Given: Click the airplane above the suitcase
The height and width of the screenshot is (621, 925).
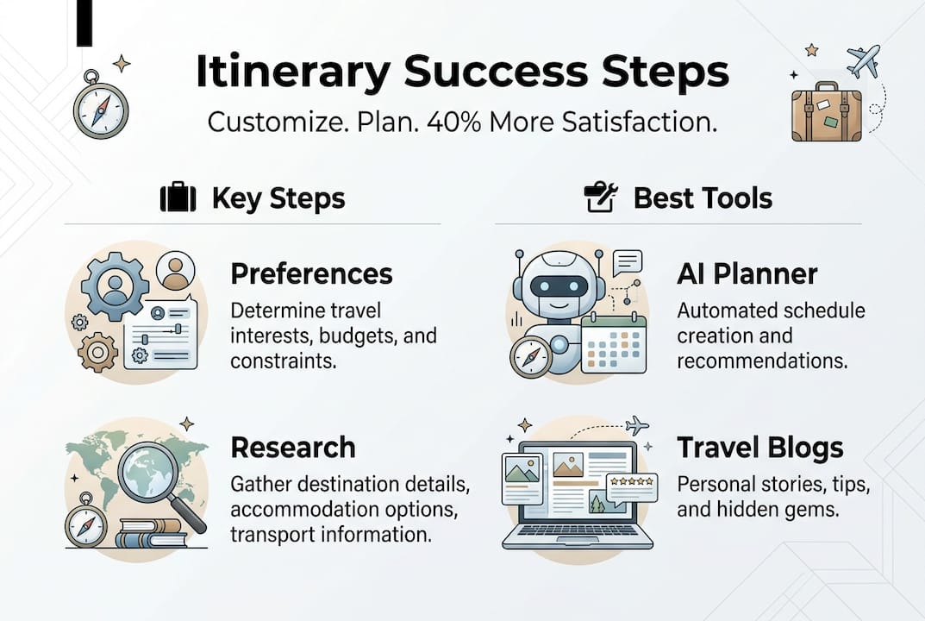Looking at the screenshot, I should tap(862, 60).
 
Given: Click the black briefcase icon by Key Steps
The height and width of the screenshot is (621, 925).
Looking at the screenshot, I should tap(178, 198).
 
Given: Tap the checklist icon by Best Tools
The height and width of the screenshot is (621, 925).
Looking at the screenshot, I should tap(600, 198).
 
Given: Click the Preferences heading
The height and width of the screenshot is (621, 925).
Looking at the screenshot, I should tap(311, 274).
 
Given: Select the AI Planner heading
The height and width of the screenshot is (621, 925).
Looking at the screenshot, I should tap(747, 274).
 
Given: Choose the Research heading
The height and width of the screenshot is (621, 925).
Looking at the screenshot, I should tap(292, 448).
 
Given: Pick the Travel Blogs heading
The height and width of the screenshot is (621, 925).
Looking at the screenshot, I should tap(759, 448).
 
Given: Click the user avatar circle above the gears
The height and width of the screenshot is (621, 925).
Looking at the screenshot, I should tap(176, 271).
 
